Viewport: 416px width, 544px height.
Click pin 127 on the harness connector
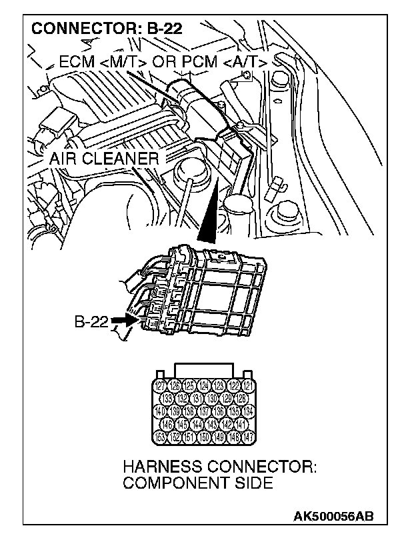tap(160, 386)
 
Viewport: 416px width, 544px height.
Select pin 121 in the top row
tap(248, 386)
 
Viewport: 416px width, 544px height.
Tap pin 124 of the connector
tap(204, 386)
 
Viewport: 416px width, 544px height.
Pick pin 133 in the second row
tap(167, 398)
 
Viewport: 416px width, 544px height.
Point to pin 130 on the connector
tap(211, 398)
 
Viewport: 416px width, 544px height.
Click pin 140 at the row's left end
tap(160, 410)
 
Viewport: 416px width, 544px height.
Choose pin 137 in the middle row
tap(204, 410)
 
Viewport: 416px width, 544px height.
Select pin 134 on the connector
tap(248, 410)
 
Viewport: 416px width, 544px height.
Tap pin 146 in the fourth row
tap(167, 423)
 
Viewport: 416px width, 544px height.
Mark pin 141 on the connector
tap(241, 423)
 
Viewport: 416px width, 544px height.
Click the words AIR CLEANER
tap(104, 159)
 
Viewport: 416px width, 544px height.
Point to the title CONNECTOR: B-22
tap(107, 29)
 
